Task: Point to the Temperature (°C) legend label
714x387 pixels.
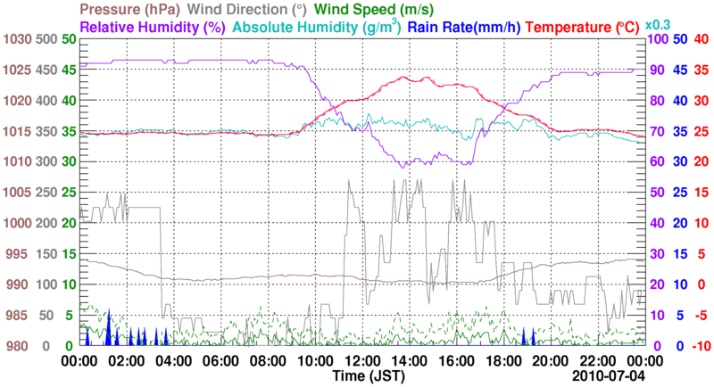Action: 576,27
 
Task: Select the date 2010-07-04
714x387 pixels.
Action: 612,377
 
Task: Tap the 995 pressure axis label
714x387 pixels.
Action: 19,254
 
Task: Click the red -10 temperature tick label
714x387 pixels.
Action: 701,346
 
